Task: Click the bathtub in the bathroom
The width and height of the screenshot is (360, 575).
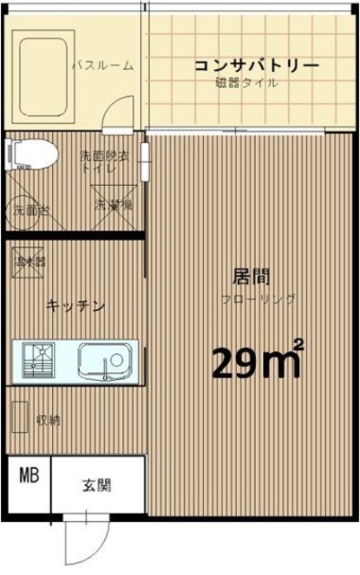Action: tap(40, 66)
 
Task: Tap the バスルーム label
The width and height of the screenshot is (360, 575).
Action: tap(102, 66)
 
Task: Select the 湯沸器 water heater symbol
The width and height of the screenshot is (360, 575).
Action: tap(31, 262)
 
